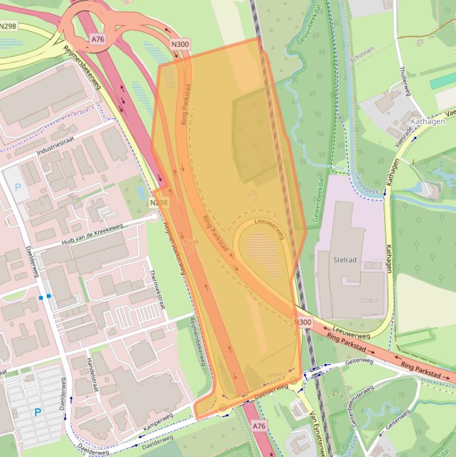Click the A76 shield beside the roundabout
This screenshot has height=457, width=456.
point(98,39)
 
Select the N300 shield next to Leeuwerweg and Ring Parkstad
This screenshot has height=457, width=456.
point(302,322)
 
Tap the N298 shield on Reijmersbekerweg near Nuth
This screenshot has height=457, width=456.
point(158,203)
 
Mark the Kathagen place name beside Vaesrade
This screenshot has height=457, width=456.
point(427,122)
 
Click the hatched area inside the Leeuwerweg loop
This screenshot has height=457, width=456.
point(262,247)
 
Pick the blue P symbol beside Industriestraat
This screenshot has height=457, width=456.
point(17,187)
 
